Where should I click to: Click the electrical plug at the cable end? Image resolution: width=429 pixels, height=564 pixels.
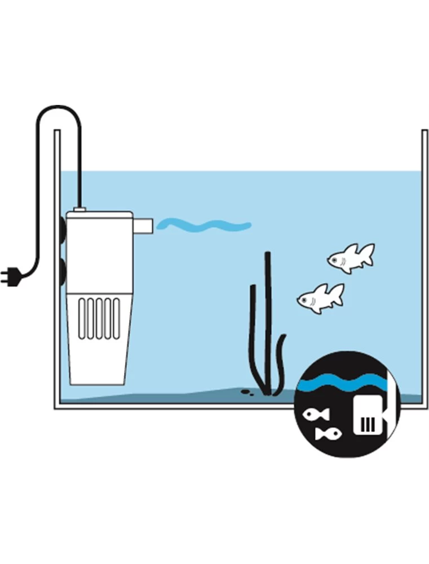[x=12, y=277]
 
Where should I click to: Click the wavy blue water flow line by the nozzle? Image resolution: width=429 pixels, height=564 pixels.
[x=204, y=226]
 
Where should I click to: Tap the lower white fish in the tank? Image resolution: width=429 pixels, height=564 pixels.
[x=319, y=297]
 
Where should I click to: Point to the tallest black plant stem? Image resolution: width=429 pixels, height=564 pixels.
[x=268, y=321]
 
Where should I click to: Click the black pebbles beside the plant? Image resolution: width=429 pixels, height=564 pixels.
[x=246, y=391]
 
